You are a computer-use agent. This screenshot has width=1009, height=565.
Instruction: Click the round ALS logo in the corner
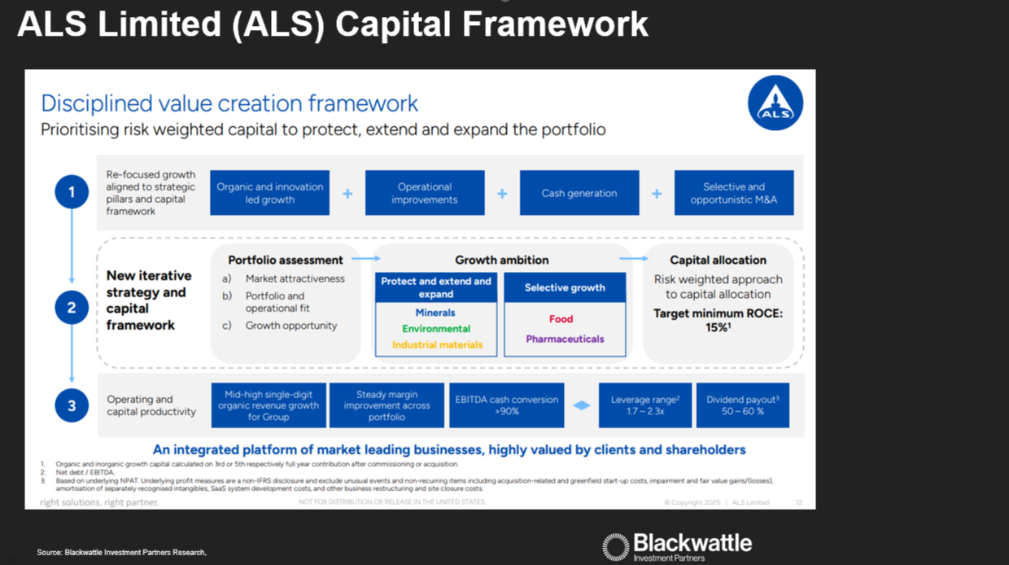[x=775, y=103]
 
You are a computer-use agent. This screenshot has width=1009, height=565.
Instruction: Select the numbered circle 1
[x=72, y=193]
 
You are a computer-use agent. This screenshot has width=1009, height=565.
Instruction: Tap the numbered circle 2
[x=72, y=308]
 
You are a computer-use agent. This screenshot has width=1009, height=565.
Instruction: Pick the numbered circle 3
[x=72, y=405]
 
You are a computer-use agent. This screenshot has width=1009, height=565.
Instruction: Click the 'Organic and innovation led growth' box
[x=269, y=193]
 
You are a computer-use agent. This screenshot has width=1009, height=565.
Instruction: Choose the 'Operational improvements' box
[x=425, y=193]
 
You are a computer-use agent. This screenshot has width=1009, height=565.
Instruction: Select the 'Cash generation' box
[x=579, y=193]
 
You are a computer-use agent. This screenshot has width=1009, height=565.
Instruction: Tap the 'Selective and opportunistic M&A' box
[x=734, y=193]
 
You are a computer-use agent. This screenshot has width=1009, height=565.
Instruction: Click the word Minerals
[x=435, y=313]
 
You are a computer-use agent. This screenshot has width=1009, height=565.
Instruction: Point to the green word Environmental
[x=436, y=329]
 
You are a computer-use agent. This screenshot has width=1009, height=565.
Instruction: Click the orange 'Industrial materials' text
[x=437, y=344]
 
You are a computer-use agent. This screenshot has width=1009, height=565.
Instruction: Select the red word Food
[x=561, y=319]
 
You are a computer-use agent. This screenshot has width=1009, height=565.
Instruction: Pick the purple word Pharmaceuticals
[x=565, y=339]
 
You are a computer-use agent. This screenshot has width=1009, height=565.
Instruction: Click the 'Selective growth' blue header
[x=565, y=287]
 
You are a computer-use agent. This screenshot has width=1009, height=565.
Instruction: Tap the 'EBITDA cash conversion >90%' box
[x=506, y=405]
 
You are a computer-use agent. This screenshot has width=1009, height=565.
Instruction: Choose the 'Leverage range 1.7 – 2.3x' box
[x=644, y=405]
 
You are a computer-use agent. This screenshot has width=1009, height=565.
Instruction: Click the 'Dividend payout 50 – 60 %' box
[x=742, y=405]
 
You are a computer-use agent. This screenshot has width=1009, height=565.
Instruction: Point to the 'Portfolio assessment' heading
[x=285, y=260]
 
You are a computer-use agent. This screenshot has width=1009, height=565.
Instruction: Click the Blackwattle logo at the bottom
[x=677, y=546]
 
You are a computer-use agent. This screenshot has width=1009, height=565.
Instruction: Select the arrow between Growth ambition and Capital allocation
[x=633, y=259]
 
